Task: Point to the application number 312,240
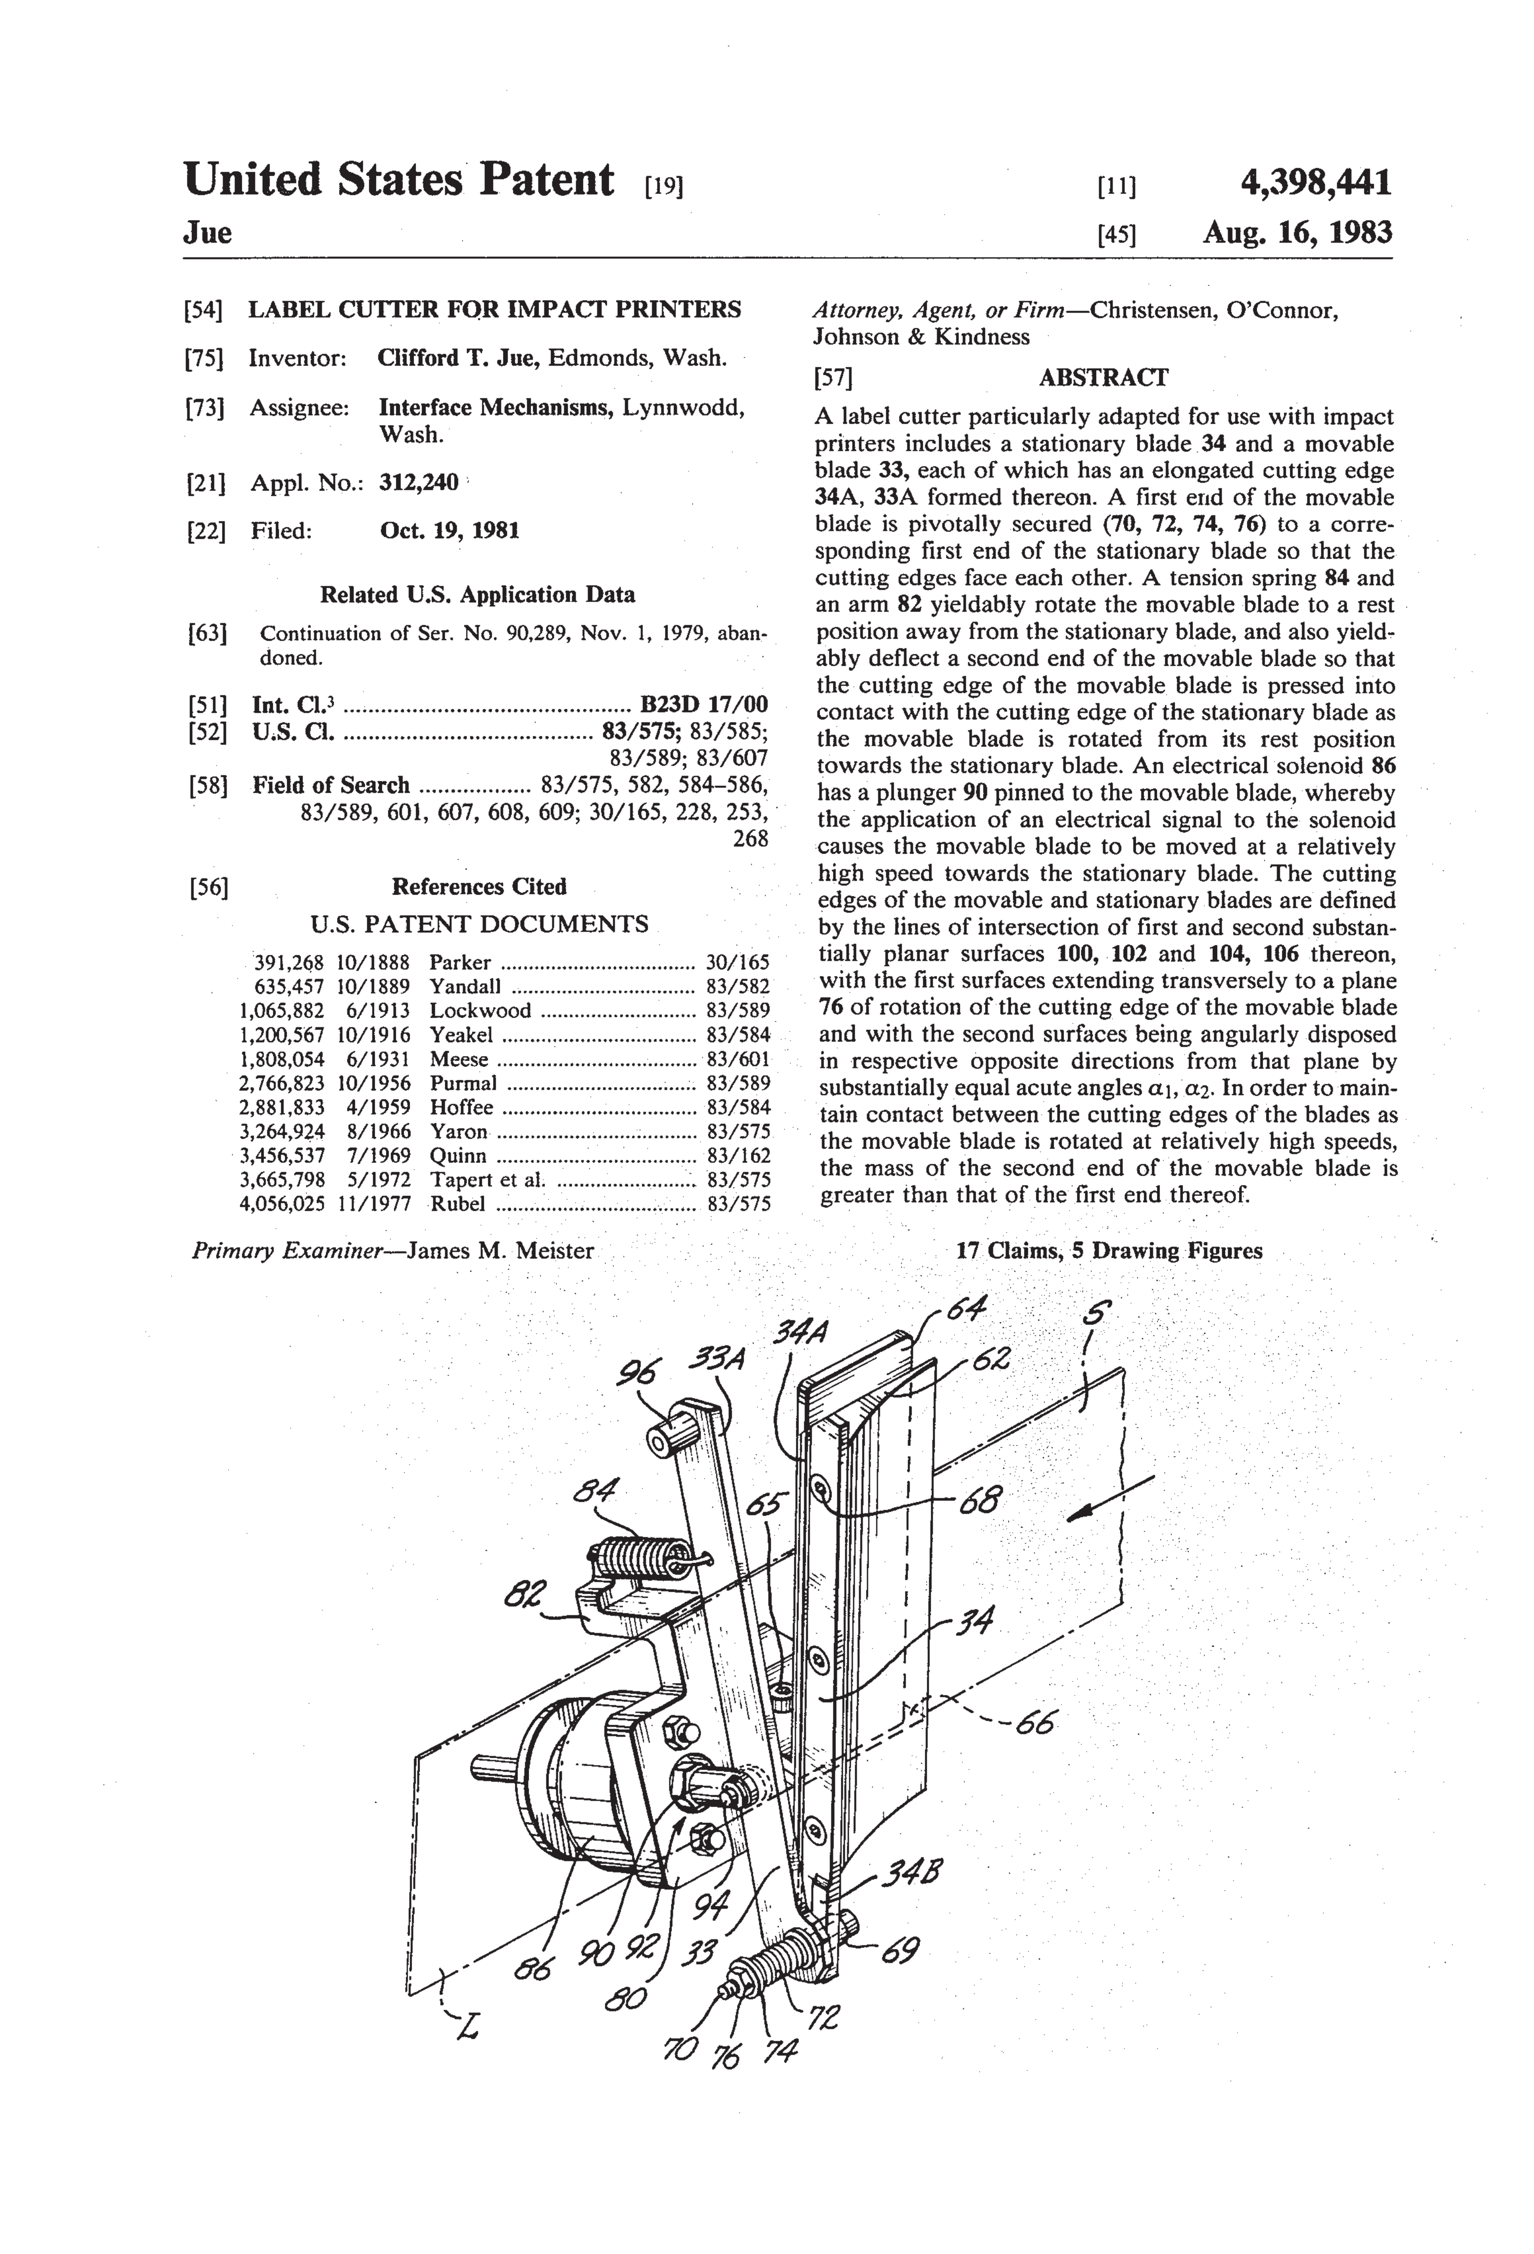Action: point(419,482)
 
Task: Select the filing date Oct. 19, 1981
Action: point(449,531)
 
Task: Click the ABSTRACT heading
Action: point(1104,377)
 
